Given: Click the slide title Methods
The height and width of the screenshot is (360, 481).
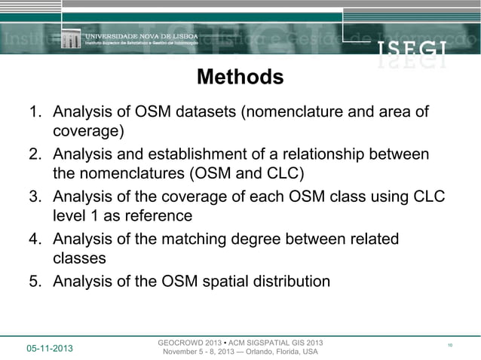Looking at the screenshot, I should point(240,78).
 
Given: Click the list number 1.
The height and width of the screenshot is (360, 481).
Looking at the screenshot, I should point(35,113).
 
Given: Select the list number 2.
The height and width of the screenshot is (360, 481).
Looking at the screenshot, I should point(35,155).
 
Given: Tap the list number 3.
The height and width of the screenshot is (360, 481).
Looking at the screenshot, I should point(35,197).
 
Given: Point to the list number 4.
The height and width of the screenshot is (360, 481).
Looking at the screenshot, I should point(35,239).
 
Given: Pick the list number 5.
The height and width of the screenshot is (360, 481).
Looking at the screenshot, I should point(35,282).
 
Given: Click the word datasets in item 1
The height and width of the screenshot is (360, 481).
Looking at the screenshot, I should point(205,113).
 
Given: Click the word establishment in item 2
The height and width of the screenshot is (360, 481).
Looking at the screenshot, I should point(231,155).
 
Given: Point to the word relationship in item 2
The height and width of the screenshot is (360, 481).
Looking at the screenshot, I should point(354,155).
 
